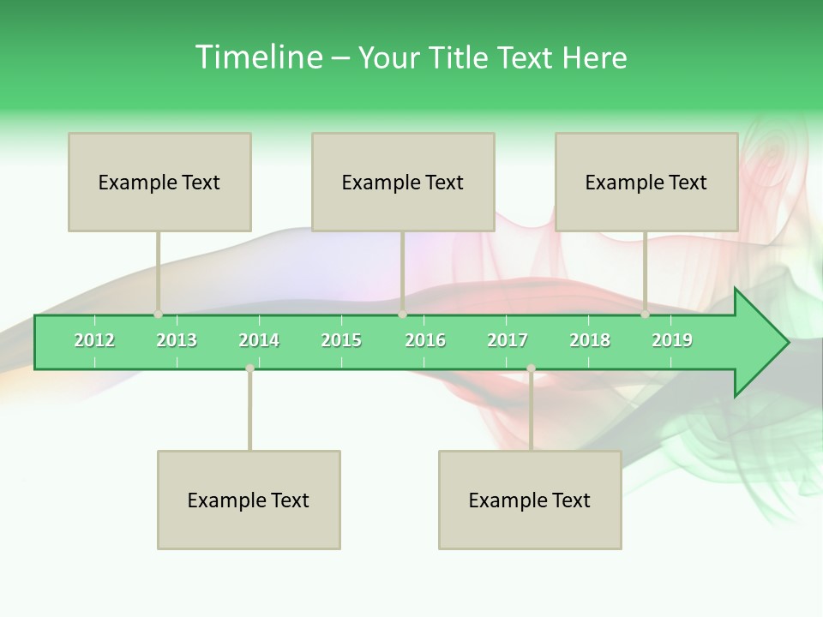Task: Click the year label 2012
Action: pyautogui.click(x=94, y=340)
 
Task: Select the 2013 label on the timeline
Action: pyautogui.click(x=177, y=340)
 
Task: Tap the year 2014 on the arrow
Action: pyautogui.click(x=259, y=340)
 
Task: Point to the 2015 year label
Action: pyautogui.click(x=341, y=340)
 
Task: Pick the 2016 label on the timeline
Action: pyautogui.click(x=425, y=340)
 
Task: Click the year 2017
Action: pyautogui.click(x=508, y=340)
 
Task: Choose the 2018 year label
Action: pyautogui.click(x=590, y=340)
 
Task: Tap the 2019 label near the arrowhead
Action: pyautogui.click(x=672, y=340)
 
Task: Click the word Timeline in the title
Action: pyautogui.click(x=257, y=57)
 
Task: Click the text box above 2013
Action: pyautogui.click(x=159, y=182)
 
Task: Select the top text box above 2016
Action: pyautogui.click(x=403, y=182)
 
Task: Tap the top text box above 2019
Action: pyautogui.click(x=646, y=182)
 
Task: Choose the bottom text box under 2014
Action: pyautogui.click(x=249, y=500)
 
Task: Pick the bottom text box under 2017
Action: pyautogui.click(x=530, y=500)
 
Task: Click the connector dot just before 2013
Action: pyautogui.click(x=158, y=314)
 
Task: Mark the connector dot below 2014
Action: pyautogui.click(x=249, y=368)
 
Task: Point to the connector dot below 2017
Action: pyautogui.click(x=531, y=368)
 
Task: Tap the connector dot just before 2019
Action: pyautogui.click(x=645, y=314)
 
